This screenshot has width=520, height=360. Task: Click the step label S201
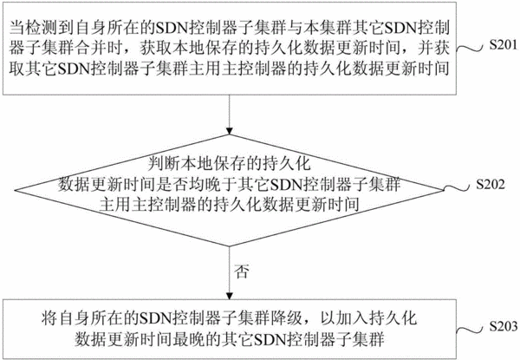pos(504,44)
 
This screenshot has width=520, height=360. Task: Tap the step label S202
pos(491,184)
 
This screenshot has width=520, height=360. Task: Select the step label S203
pos(504,326)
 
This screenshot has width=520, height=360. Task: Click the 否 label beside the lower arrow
pos(241,272)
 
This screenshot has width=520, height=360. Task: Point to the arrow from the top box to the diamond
pos(229,115)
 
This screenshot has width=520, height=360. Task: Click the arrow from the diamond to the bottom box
pos(229,273)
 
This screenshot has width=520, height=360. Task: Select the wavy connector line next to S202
pos(457,188)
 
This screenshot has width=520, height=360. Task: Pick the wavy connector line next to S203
pos(470,331)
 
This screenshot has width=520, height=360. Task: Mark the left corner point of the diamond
pos(15,191)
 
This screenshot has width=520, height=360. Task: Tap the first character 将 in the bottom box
pos(49,318)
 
